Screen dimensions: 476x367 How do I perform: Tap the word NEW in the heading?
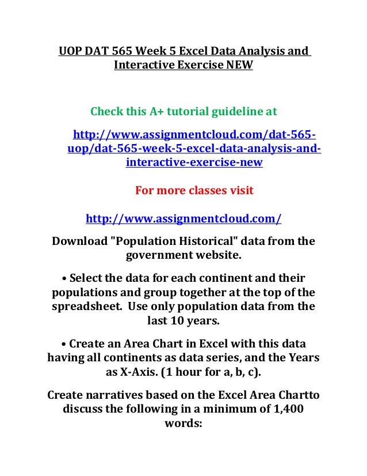click(238, 66)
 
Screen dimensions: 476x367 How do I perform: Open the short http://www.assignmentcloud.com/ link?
click(183, 219)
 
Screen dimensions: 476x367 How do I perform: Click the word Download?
click(78, 240)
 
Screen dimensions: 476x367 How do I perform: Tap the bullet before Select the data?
click(63, 277)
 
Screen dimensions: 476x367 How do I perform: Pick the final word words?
click(183, 426)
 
